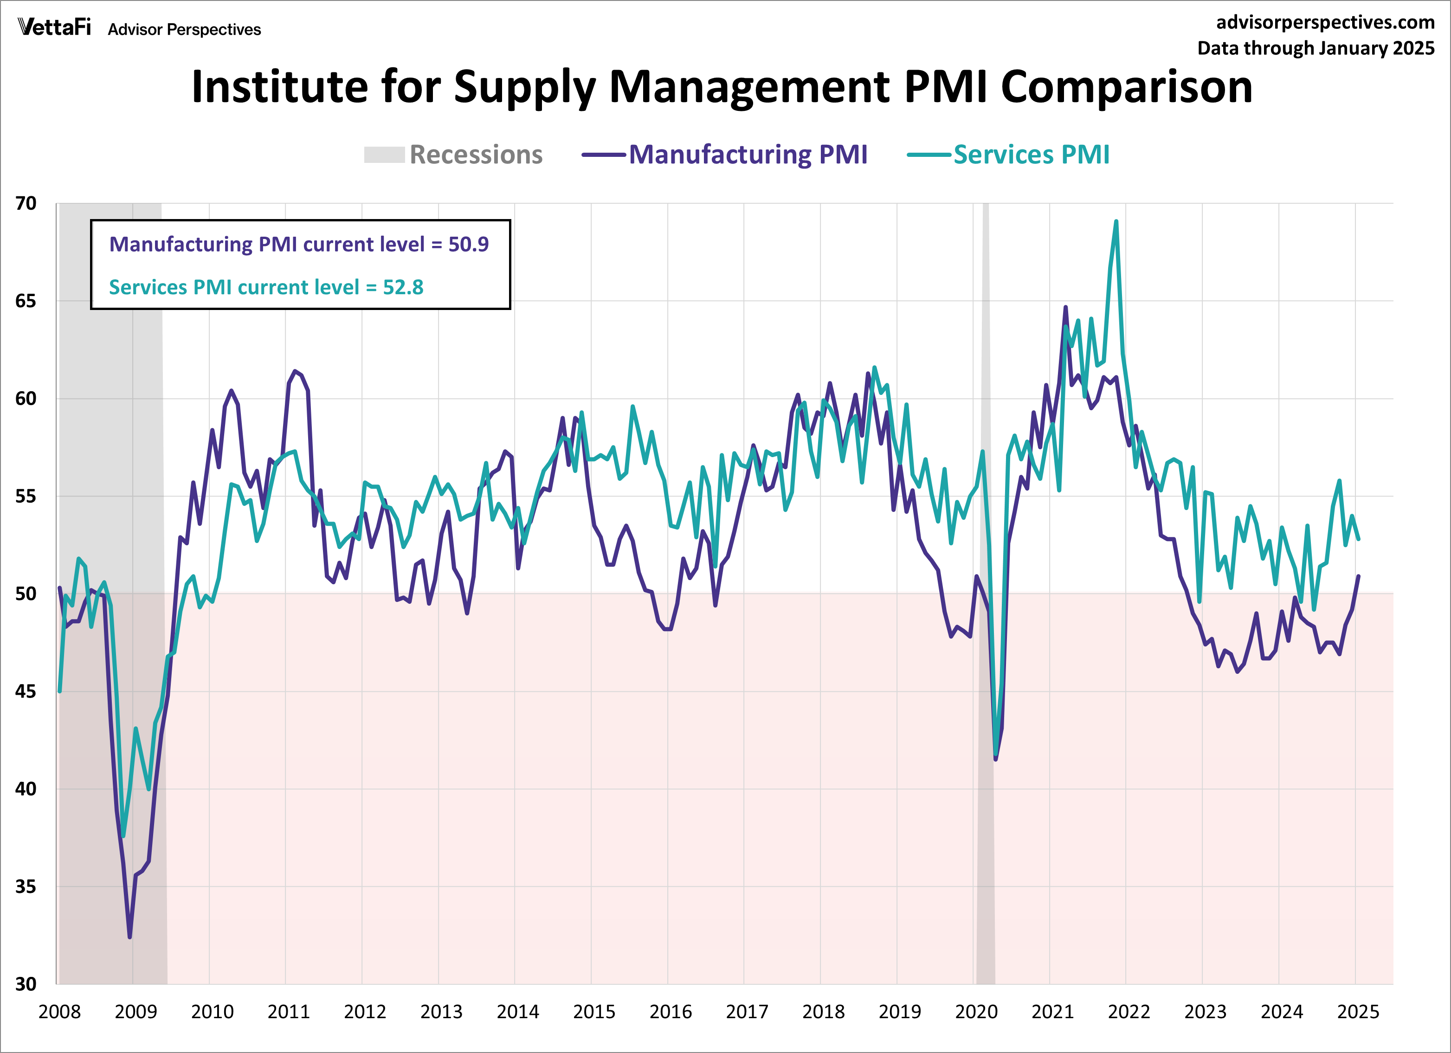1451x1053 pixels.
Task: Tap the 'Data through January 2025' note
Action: tap(1316, 49)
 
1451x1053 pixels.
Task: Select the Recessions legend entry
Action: tap(453, 155)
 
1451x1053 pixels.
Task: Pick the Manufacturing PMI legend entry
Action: tap(724, 155)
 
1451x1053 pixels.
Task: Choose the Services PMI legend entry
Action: tap(1008, 155)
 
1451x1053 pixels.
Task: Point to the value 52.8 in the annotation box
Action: tap(403, 287)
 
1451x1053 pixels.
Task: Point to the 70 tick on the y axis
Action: tap(26, 203)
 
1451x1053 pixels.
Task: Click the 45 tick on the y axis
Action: tap(26, 691)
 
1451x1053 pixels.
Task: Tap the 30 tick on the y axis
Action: tap(26, 984)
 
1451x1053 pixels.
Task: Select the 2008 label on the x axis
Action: tap(59, 1012)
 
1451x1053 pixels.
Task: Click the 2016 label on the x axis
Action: tap(671, 1012)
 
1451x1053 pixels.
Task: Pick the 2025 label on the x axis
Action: tap(1358, 1012)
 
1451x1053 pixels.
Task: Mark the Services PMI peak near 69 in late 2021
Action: tap(1116, 222)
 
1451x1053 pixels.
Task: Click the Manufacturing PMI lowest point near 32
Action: tap(130, 937)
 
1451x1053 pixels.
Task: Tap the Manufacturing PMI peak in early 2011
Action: tap(294, 371)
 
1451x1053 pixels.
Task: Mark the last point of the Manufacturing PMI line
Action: tap(1358, 576)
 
